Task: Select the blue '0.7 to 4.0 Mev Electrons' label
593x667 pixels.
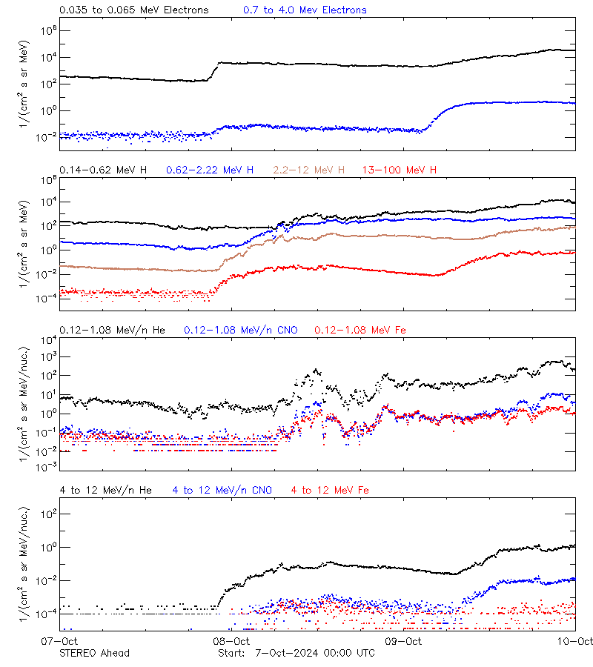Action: pos(305,10)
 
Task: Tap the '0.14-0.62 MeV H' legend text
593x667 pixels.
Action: pos(103,170)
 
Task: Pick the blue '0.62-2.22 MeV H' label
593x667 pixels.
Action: pos(210,170)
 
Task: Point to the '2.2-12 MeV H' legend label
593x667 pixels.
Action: pos(309,170)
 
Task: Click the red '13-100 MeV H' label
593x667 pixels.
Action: pos(400,170)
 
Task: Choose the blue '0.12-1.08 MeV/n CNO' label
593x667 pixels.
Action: pos(241,330)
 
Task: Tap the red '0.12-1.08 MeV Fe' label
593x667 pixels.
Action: pos(360,330)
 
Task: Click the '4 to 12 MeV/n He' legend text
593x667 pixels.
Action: pos(105,490)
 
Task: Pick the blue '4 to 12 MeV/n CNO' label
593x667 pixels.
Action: pos(222,490)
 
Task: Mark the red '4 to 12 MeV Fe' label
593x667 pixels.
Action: pos(330,490)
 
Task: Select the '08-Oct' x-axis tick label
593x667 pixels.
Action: pos(231,641)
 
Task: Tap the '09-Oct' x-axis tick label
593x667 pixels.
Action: pos(402,641)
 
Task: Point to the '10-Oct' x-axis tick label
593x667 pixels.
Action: pos(574,641)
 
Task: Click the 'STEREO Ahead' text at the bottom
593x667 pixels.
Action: pos(94,653)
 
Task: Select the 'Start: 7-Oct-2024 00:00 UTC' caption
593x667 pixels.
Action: pos(296,653)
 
